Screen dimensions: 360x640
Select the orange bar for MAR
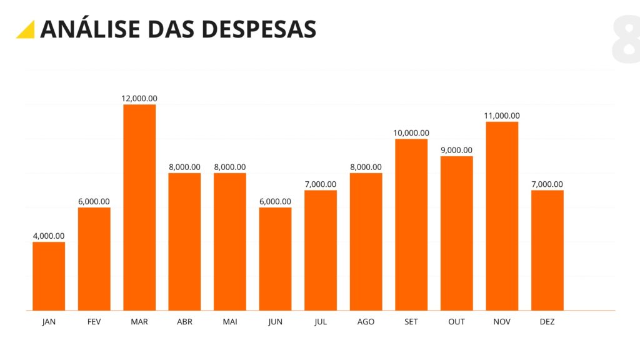coord(139,207)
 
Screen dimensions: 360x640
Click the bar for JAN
coord(49,276)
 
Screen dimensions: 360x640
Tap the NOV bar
coord(502,216)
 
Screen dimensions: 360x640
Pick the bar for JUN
coord(275,259)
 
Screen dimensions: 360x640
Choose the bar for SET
coord(411,224)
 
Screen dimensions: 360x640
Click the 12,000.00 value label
coord(139,98)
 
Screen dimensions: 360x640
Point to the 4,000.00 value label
coord(49,236)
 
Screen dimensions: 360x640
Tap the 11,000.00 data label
coord(502,116)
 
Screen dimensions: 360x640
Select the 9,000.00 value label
coord(456,150)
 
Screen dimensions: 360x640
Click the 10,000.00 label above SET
coord(411,132)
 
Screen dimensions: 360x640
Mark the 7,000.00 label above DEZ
coord(547,184)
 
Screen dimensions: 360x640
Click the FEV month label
coord(94,322)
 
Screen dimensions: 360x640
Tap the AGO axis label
coord(366,322)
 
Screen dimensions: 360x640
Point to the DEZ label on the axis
coord(547,322)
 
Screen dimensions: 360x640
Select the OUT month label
coord(456,322)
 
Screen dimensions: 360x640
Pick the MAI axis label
coord(229,322)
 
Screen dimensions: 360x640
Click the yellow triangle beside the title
coord(27,30)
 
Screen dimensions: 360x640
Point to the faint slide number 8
coord(626,41)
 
